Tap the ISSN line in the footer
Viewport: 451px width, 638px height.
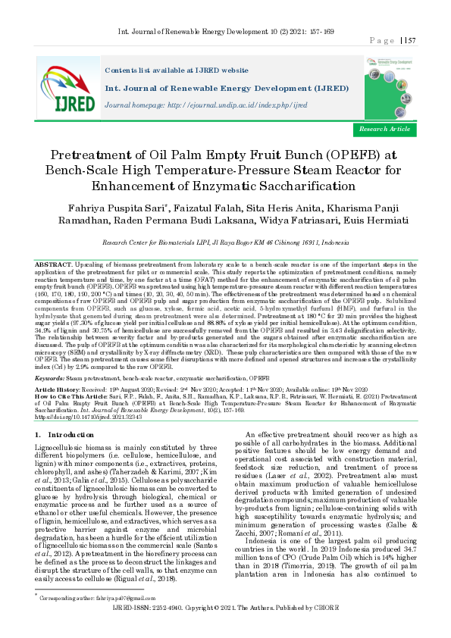(225, 630)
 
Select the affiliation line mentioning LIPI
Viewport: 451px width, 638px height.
(225, 242)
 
